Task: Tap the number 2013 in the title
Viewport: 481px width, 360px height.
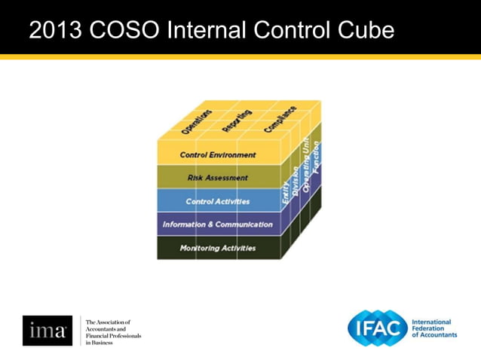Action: pyautogui.click(x=55, y=30)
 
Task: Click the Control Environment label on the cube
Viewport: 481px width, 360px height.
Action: pyautogui.click(x=218, y=155)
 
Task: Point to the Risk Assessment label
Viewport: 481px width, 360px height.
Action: pyautogui.click(x=218, y=178)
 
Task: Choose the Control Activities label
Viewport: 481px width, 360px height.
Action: pyautogui.click(x=218, y=202)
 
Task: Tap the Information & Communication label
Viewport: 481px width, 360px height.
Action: pyautogui.click(x=218, y=224)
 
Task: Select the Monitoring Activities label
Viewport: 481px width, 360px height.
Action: pyautogui.click(x=218, y=248)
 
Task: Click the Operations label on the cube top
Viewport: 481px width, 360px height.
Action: pyautogui.click(x=197, y=121)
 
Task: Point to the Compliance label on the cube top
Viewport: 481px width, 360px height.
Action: pyautogui.click(x=280, y=119)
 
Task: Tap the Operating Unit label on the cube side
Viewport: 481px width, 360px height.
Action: pyautogui.click(x=306, y=165)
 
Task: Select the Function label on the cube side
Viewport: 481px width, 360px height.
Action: pyautogui.click(x=316, y=157)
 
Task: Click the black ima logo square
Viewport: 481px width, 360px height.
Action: pyautogui.click(x=47, y=331)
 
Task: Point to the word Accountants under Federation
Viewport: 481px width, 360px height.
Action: pyautogui.click(x=439, y=335)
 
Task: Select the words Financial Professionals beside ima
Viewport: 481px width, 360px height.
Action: pyautogui.click(x=114, y=334)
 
